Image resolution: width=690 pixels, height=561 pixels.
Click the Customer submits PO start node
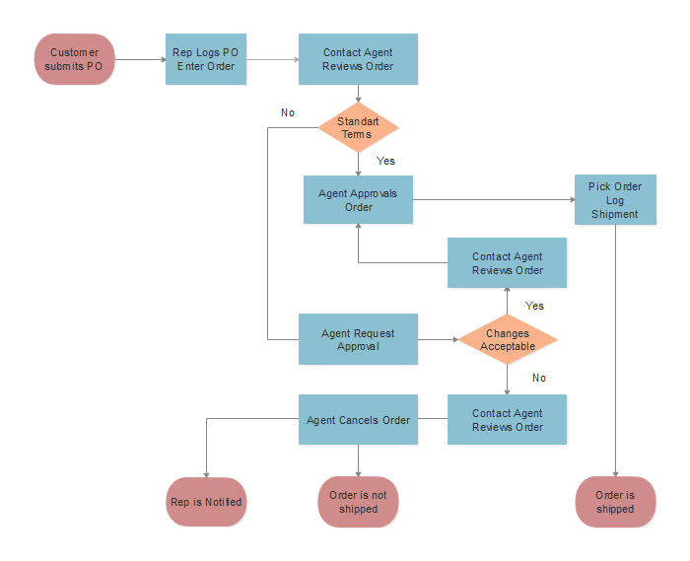75,59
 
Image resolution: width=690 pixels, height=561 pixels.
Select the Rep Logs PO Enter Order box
205,59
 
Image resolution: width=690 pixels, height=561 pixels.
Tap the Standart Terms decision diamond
358,128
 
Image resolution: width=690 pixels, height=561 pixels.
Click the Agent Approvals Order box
358,200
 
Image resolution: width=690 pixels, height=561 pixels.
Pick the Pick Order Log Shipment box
615,200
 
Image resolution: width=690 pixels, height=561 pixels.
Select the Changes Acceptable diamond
508,340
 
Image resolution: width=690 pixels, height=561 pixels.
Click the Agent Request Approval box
358,340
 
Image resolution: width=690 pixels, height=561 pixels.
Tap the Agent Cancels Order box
358,420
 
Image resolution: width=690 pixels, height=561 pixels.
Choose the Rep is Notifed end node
205,502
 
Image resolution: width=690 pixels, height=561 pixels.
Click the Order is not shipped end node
358,502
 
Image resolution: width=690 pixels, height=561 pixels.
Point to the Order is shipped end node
615,502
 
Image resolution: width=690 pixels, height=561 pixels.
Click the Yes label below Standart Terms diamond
385,161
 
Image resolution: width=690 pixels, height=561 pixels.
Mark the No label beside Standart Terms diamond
288,112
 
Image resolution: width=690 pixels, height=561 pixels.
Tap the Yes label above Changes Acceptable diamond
534,306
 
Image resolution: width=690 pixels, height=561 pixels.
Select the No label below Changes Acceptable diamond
539,378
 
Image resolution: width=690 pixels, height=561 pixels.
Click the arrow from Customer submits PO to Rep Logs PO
140,59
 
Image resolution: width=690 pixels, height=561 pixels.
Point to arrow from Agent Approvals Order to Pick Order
493,200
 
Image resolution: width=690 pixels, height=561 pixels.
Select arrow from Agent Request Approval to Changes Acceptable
438,340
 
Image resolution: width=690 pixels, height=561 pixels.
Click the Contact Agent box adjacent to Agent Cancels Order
508,420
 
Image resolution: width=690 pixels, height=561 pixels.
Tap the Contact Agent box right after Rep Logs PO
358,59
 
